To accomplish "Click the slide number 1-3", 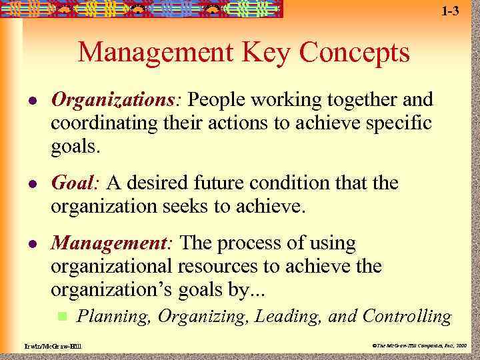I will pyautogui.click(x=450, y=11).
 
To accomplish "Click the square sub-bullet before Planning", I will pyautogui.click(x=63, y=315).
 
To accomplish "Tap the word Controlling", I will pyautogui.click(x=407, y=315).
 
